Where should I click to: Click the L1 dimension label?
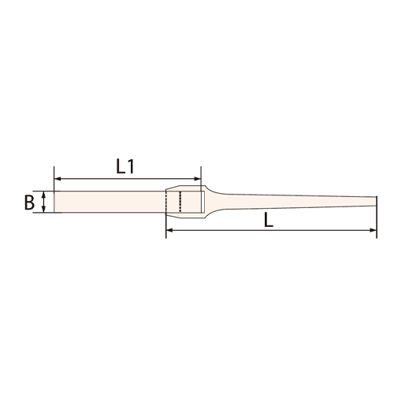click(x=125, y=167)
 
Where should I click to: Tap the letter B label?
click(x=29, y=203)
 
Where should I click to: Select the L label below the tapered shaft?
click(x=269, y=220)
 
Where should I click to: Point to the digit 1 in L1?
click(x=131, y=167)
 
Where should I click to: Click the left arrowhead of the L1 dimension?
click(x=58, y=179)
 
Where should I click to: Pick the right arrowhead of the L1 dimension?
click(x=197, y=179)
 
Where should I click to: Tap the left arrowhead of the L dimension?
click(x=169, y=230)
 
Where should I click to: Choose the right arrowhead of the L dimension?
click(x=374, y=230)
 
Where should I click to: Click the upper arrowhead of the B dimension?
click(x=44, y=195)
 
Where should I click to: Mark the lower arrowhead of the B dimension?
click(x=44, y=209)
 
